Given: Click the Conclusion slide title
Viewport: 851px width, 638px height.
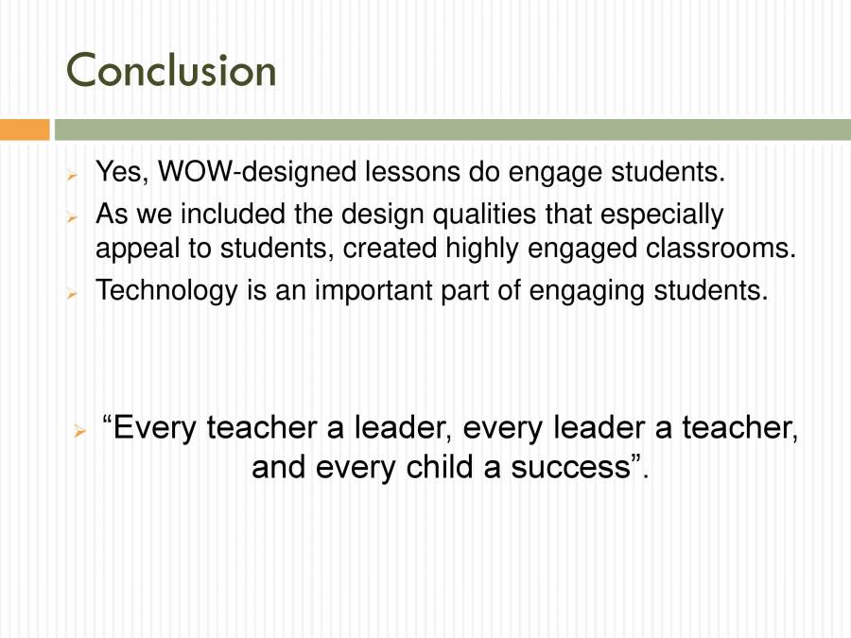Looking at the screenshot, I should point(171,71).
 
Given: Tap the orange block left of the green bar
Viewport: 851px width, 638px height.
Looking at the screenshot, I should point(25,129).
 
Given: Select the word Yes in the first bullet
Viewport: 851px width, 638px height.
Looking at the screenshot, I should point(123,173).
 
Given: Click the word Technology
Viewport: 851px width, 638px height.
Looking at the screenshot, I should point(165,289).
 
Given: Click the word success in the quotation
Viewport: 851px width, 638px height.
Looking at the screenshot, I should point(576,467).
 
